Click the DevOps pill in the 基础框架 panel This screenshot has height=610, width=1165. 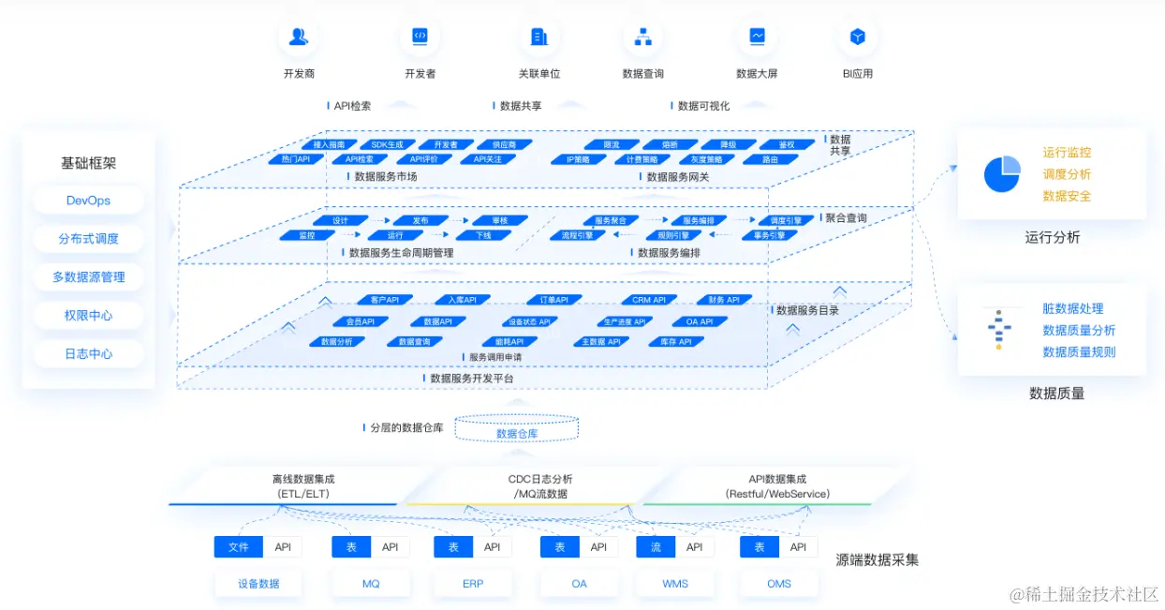coord(88,201)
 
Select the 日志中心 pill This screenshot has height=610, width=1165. coord(88,354)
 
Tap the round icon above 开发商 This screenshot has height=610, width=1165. coord(298,37)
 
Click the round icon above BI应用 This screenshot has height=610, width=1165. coord(857,37)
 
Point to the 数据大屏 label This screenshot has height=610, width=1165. coord(757,74)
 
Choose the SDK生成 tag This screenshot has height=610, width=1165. coord(387,145)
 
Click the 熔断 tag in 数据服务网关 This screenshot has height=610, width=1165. coord(669,145)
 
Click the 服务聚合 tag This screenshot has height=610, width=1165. coord(611,221)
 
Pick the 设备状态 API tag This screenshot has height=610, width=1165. coord(529,321)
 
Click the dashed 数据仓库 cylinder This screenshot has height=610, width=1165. coord(517,429)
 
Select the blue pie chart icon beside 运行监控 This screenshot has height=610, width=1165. coord(1001,174)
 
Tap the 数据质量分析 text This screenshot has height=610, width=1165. coord(1079,330)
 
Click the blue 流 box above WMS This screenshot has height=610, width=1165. coord(656,547)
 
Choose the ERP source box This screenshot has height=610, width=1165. coord(473,584)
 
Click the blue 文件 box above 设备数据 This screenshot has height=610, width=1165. coord(238,547)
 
